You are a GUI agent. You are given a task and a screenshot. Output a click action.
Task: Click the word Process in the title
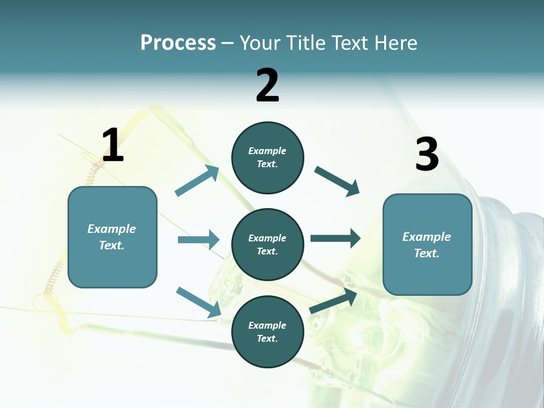[178, 42]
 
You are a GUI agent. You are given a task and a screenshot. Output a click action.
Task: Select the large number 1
[113, 146]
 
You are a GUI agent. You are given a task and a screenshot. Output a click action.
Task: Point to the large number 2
[267, 86]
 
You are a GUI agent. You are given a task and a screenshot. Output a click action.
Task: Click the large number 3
[427, 155]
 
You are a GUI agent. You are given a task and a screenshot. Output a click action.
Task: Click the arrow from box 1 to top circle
[197, 181]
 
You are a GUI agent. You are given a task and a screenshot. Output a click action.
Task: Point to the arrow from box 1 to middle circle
[198, 240]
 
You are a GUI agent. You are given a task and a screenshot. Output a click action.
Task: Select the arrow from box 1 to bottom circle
[198, 302]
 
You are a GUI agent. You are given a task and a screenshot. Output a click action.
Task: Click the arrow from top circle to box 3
[337, 181]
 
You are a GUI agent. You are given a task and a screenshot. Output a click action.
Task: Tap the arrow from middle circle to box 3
[335, 238]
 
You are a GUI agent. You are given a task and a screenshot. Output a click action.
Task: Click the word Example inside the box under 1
[112, 229]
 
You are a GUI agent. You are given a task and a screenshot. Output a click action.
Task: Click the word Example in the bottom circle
[267, 325]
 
